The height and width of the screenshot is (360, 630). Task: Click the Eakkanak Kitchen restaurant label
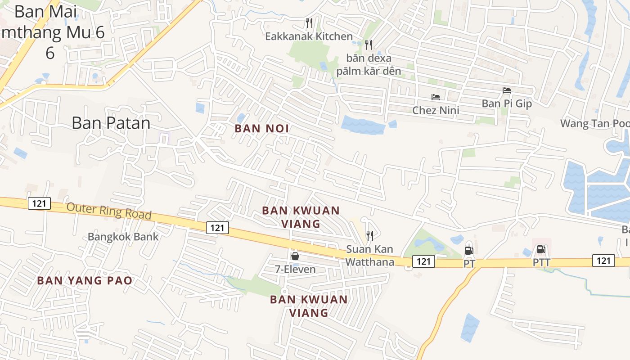(309, 36)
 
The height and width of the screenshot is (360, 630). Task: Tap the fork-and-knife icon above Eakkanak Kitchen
(309, 23)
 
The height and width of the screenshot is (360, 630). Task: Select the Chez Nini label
(436, 110)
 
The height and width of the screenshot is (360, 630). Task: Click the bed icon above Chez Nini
(435, 97)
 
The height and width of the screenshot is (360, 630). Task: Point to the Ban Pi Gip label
(507, 103)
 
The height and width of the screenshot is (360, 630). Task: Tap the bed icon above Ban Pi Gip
(507, 90)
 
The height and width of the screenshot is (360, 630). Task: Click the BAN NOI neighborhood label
(261, 129)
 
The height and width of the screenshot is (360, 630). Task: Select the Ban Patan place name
(111, 122)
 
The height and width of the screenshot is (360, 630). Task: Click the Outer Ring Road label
(109, 211)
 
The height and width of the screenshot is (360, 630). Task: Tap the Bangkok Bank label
(123, 237)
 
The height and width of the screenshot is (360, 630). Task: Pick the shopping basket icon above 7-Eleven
(295, 256)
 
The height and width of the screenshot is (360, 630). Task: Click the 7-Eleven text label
(295, 270)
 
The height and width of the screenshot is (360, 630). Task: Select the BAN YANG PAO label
(85, 281)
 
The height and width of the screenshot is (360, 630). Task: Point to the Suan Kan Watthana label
(369, 256)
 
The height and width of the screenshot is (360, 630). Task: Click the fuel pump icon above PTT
(541, 249)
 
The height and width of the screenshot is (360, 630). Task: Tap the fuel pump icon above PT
(469, 251)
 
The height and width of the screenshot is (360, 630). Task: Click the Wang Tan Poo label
(594, 123)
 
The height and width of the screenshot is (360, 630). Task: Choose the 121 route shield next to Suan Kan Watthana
(423, 261)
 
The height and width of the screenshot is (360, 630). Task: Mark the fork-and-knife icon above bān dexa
(369, 45)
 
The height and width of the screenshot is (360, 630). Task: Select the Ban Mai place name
(45, 11)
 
